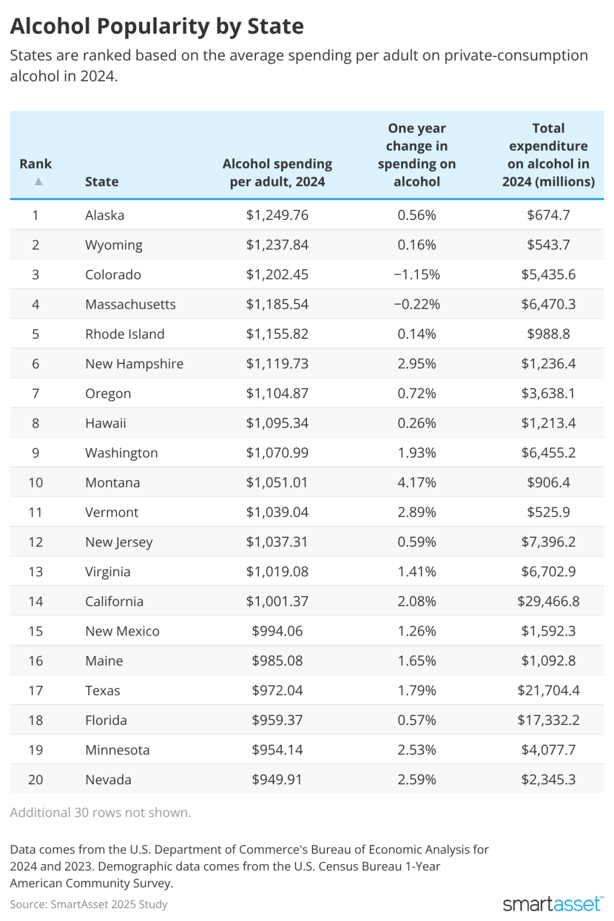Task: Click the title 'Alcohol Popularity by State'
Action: pos(157,26)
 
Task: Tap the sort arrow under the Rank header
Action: pos(38,181)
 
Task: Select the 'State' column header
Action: pos(102,182)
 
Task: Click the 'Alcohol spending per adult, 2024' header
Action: pos(277,173)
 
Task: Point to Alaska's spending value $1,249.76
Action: pos(277,215)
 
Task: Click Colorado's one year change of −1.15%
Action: pos(417,275)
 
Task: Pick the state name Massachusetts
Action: pos(130,305)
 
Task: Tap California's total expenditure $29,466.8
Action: pos(548,601)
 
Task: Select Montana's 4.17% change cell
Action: pos(417,483)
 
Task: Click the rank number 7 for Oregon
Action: pos(35,393)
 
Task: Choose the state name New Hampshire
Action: pos(134,364)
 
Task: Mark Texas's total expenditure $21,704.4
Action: pos(548,691)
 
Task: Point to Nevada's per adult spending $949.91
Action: pos(277,779)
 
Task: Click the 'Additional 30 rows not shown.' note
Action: pos(100,812)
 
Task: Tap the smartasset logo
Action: pos(552,904)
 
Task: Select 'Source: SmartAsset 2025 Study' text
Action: pos(89,904)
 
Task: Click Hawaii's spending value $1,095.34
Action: pos(277,423)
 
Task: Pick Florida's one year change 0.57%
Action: pos(417,720)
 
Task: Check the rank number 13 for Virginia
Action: pos(35,572)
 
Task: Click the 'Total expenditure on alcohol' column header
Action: pos(548,155)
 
